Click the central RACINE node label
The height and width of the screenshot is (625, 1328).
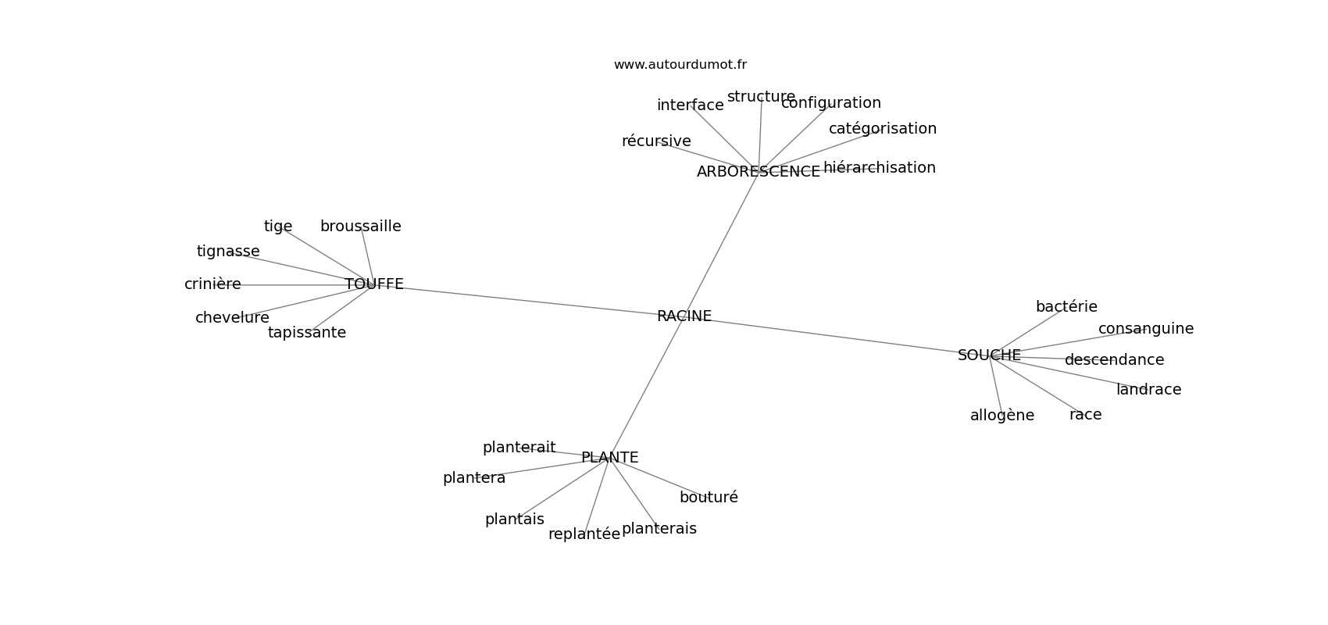[x=684, y=316]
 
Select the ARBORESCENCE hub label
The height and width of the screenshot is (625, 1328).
[x=759, y=171]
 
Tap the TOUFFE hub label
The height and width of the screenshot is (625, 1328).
[x=374, y=284]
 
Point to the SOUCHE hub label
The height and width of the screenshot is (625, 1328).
[x=989, y=355]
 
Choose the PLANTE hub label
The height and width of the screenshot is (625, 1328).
[x=609, y=457]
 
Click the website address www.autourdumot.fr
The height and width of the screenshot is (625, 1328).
[x=680, y=65]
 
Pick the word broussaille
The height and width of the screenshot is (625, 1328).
[x=360, y=226]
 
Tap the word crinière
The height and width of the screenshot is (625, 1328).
[x=212, y=284]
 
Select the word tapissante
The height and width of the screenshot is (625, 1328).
[x=306, y=333]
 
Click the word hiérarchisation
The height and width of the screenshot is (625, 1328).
[x=879, y=168]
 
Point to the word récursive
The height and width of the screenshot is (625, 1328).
[x=656, y=141]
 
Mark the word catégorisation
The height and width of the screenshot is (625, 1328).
[x=882, y=129]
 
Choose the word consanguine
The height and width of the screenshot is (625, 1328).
[x=1145, y=328]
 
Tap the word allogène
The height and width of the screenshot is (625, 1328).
[x=1002, y=415]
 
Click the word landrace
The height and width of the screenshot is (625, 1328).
[x=1148, y=390]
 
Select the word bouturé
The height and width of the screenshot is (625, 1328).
[x=709, y=497]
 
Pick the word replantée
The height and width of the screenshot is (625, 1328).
[x=584, y=534]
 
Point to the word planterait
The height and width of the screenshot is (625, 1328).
[x=519, y=447]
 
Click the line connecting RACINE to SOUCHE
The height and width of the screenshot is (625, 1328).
[x=837, y=337]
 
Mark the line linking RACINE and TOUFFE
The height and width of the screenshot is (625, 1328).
[x=528, y=301]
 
